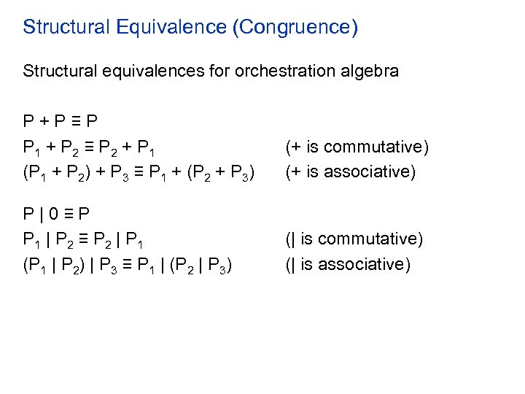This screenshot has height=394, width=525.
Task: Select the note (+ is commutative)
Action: coord(357,147)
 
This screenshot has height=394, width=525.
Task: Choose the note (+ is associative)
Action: coord(350,172)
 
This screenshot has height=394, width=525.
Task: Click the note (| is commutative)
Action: coord(354,239)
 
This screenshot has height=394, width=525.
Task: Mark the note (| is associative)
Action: coord(348,264)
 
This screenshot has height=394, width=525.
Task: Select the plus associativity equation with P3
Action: coord(138,174)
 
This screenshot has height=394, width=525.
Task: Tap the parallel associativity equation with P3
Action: coord(128,266)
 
